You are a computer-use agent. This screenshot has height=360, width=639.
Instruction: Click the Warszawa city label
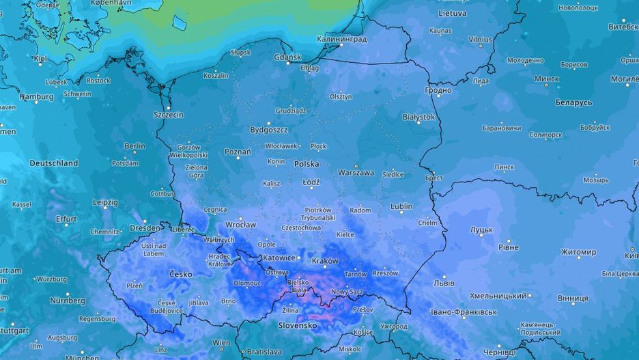point(356,173)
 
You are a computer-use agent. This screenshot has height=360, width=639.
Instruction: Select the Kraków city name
point(324,261)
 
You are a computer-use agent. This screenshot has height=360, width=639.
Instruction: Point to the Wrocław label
point(240,225)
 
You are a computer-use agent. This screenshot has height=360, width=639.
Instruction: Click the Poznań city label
point(238,152)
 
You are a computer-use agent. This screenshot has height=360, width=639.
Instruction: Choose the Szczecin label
point(168,115)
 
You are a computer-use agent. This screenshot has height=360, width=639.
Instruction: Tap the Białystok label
point(418,117)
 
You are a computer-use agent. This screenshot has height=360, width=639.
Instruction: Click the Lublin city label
point(401,206)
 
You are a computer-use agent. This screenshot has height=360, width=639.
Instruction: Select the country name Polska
point(307,164)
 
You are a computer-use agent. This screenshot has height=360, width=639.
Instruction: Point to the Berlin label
point(134,146)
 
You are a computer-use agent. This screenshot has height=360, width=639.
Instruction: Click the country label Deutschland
point(53,163)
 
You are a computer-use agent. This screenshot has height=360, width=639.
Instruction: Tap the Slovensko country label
point(297,326)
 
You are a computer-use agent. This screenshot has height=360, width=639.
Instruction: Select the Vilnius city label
point(480,40)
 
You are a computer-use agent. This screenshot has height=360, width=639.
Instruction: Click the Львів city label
point(445,283)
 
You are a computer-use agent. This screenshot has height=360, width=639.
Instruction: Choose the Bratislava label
point(264,352)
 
